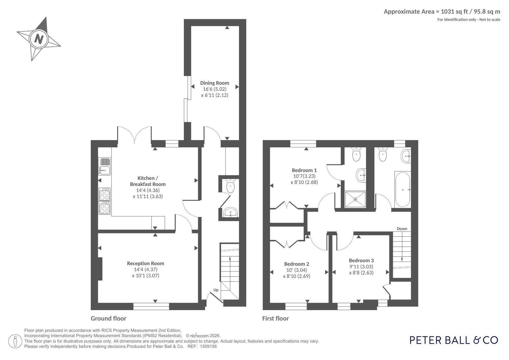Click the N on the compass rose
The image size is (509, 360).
(39, 39)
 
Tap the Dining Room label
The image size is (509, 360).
(215, 83)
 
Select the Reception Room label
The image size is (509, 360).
(145, 264)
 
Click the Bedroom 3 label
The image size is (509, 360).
(361, 260)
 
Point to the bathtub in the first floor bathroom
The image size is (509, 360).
(402, 189)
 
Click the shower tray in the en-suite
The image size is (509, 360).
(355, 199)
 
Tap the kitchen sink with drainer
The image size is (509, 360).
(104, 166)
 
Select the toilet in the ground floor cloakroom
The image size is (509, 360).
(230, 186)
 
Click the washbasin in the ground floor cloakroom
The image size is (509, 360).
(230, 212)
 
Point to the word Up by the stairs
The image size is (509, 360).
(216, 290)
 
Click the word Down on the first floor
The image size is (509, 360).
(402, 229)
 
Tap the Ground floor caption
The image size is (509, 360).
(109, 318)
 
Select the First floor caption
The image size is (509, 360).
(275, 318)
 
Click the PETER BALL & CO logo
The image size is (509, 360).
(454, 340)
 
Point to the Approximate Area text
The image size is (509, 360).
(442, 11)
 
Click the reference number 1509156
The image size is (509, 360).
(208, 346)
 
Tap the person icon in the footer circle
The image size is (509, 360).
(15, 341)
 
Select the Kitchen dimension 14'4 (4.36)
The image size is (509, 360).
(148, 190)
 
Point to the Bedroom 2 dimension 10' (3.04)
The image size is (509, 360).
(297, 270)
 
